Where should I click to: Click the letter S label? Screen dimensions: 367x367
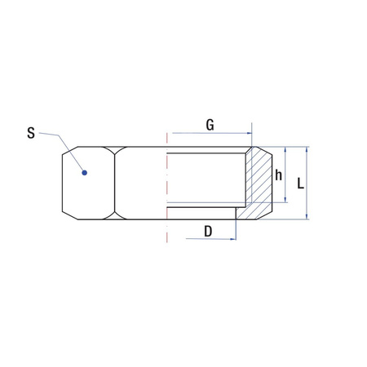pos(31,133)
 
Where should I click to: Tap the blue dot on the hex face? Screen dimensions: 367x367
pos(85,173)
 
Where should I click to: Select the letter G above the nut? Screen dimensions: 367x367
pos(210,125)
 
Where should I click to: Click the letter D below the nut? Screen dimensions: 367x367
pos(208,232)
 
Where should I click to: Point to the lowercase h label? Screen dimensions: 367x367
pos(278,175)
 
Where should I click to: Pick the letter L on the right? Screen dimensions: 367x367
pos(300,183)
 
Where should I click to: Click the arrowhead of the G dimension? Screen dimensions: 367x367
pos(249,133)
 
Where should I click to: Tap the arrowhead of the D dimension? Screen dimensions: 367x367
pos(233,239)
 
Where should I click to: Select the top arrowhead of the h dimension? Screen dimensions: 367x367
pos(285,149)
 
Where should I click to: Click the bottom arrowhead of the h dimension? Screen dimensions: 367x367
pos(285,199)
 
